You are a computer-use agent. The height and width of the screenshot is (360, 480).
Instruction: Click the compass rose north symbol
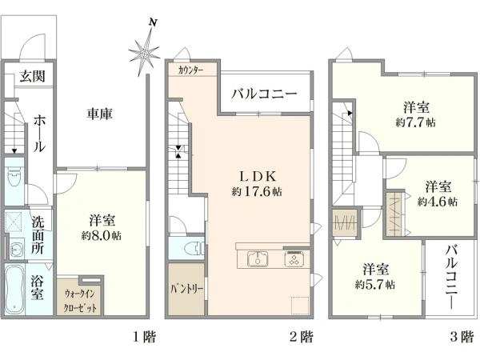(145, 49)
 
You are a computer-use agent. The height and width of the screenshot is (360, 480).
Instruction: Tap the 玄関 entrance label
(33, 76)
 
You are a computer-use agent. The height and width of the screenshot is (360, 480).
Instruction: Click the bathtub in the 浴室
(14, 290)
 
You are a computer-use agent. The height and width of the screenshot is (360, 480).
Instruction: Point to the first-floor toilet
(14, 178)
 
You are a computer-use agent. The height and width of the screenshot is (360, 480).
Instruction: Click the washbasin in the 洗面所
(15, 250)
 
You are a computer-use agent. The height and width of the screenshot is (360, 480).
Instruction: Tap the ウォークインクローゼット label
(80, 301)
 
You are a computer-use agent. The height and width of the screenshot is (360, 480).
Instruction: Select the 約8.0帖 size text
(102, 236)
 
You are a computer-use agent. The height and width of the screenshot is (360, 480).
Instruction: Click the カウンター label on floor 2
(190, 70)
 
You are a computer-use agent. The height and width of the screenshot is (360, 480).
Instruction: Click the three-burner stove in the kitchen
(294, 259)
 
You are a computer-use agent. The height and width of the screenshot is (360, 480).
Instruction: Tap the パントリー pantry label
(186, 289)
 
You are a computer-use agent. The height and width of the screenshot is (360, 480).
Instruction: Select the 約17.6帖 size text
(257, 192)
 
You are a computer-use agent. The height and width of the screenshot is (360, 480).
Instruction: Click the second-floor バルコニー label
(264, 94)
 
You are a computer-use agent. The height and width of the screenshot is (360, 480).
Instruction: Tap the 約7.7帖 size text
(416, 122)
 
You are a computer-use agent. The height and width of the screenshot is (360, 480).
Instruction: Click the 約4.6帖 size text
(438, 202)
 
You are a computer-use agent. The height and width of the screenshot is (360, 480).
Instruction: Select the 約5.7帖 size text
(375, 285)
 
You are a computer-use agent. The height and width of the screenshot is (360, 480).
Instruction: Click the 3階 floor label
(462, 337)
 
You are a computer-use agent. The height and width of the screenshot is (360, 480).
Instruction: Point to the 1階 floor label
(145, 337)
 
